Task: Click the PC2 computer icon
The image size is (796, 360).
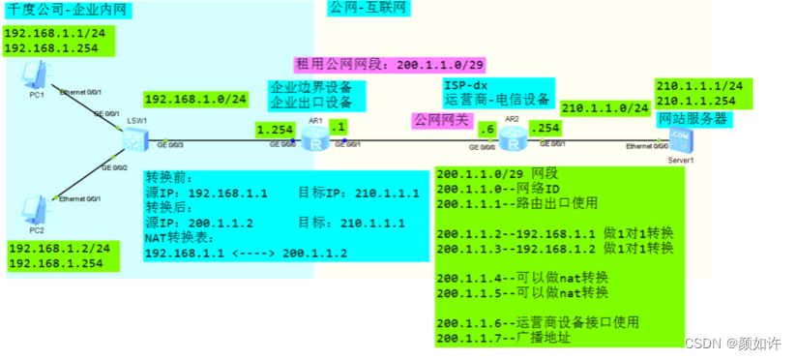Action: tap(35, 209)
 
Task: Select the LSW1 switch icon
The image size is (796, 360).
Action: tap(133, 141)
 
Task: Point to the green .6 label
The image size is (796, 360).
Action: tap(486, 128)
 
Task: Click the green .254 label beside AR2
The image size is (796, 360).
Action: tap(545, 128)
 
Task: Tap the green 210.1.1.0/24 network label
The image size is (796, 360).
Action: tap(604, 108)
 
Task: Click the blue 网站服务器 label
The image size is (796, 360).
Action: tap(692, 119)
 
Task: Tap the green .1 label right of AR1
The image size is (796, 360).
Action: tap(338, 126)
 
